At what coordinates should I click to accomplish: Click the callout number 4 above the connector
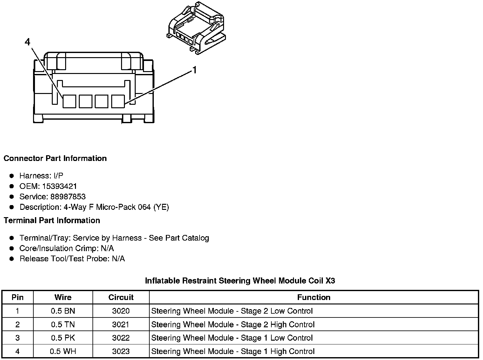[x=28, y=42]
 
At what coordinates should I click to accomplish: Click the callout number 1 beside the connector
[x=194, y=70]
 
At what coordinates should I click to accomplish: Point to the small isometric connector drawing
[x=196, y=29]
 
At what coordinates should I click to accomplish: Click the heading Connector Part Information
[x=55, y=158]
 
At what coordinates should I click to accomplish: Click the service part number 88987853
[x=68, y=197]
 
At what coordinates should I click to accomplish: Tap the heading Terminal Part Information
[x=52, y=220]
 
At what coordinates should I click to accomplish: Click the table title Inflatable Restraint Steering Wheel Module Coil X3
[x=240, y=281]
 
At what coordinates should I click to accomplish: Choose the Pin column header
[x=17, y=297]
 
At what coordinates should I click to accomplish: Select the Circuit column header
[x=121, y=297]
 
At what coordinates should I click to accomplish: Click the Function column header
[x=314, y=297]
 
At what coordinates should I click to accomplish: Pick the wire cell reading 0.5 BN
[x=63, y=311]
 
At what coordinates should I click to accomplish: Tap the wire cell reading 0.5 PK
[x=63, y=338]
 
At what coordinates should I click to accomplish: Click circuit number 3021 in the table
[x=121, y=324]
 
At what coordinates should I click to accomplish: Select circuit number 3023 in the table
[x=121, y=351]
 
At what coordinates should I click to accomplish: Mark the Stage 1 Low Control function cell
[x=232, y=338]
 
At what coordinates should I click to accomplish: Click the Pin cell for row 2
[x=17, y=324]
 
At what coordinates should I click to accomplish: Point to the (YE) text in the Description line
[x=161, y=207]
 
